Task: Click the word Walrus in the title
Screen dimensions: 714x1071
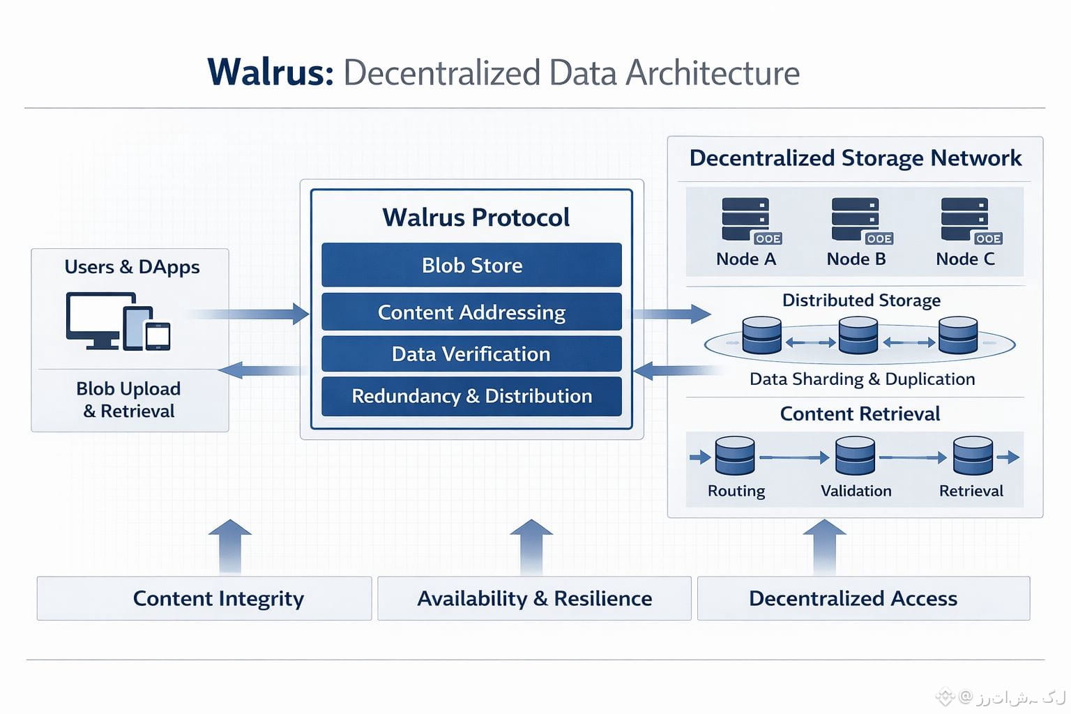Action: [x=271, y=73]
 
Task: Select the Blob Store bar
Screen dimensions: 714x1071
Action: [x=471, y=265]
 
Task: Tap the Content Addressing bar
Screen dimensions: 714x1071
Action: [x=471, y=312]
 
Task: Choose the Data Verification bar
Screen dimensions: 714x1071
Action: [x=471, y=354]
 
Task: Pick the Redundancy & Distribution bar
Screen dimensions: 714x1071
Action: [x=471, y=396]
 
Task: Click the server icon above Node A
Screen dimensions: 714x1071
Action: [x=746, y=220]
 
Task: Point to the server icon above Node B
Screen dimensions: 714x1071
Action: [x=856, y=220]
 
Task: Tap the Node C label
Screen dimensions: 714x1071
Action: [x=965, y=259]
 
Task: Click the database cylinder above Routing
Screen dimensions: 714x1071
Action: [x=735, y=456]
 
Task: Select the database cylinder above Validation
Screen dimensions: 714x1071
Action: [x=855, y=456]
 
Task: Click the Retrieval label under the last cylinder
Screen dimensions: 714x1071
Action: [x=971, y=491]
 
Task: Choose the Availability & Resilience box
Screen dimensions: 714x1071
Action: [x=534, y=598]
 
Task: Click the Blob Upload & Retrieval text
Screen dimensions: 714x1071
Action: [x=129, y=400]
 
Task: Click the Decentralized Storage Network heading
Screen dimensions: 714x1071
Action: [x=855, y=158]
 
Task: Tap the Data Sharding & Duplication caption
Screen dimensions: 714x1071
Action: [x=862, y=379]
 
